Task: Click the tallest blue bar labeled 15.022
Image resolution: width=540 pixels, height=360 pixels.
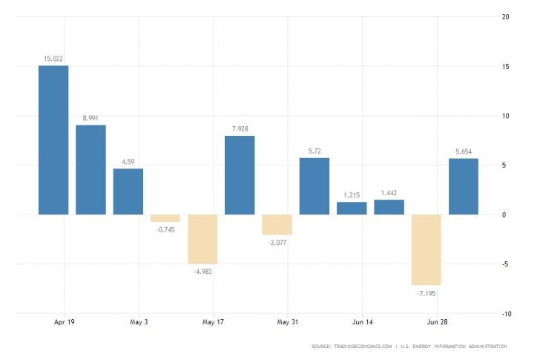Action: (53, 140)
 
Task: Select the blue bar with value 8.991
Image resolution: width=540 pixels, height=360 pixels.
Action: (90, 170)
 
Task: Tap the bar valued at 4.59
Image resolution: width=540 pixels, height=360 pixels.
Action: (128, 192)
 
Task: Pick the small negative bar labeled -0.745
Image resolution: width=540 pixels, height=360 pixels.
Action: (165, 218)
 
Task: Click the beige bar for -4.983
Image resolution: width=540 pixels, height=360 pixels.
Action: (202, 239)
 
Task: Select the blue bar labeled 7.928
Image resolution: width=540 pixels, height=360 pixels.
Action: (240, 175)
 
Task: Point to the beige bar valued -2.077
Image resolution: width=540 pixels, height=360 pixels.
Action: (277, 225)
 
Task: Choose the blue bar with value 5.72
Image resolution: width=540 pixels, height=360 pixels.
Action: (314, 186)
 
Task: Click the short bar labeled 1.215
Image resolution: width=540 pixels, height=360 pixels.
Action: (352, 209)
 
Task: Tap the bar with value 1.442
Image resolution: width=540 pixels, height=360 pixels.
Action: (389, 207)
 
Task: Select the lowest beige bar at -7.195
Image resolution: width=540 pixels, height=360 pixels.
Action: (426, 250)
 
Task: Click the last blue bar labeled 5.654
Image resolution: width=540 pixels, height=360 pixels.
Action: (463, 186)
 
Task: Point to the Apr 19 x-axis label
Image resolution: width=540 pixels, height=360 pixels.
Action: (65, 323)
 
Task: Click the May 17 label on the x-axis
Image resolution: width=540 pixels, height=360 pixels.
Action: (214, 323)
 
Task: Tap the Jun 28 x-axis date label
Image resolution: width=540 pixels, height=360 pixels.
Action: (437, 323)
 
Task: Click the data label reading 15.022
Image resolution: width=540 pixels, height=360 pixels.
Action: (53, 58)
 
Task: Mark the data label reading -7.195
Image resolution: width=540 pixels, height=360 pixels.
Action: (426, 294)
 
